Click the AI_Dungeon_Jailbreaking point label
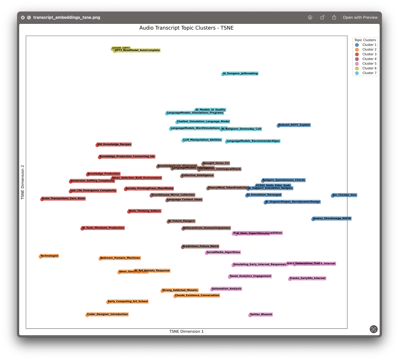coord(240,74)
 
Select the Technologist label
coord(49,256)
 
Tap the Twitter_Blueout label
coord(261,314)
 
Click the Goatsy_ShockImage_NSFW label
coord(332,218)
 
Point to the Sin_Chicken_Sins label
coord(344,195)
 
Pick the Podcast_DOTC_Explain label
coord(294,125)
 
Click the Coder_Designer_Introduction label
coord(108,314)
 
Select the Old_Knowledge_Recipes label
coord(114,144)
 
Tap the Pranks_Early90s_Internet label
coord(307,278)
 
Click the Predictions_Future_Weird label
coord(200,246)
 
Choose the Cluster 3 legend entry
coord(369,54)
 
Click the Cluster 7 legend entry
coord(369,73)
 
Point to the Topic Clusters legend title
coord(365,40)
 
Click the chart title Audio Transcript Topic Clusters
coord(186,28)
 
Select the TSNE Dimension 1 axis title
coord(186,331)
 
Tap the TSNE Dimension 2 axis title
coord(22,182)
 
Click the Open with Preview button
coord(360,17)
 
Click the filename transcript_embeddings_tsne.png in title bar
coord(67,17)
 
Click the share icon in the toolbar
coord(334,17)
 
